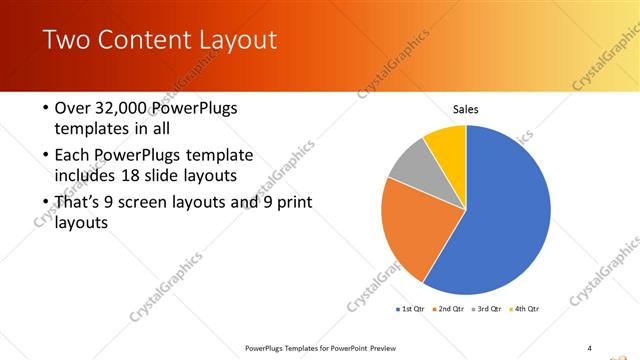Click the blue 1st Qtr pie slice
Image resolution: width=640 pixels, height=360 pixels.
tap(505, 210)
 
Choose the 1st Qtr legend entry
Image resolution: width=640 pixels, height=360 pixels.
tap(413, 308)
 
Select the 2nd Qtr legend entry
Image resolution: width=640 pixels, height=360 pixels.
tap(450, 308)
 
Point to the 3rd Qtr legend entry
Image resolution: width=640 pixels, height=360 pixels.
tap(488, 308)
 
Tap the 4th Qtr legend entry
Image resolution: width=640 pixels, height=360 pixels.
tap(526, 308)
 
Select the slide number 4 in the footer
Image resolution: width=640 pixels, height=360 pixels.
tap(590, 347)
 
